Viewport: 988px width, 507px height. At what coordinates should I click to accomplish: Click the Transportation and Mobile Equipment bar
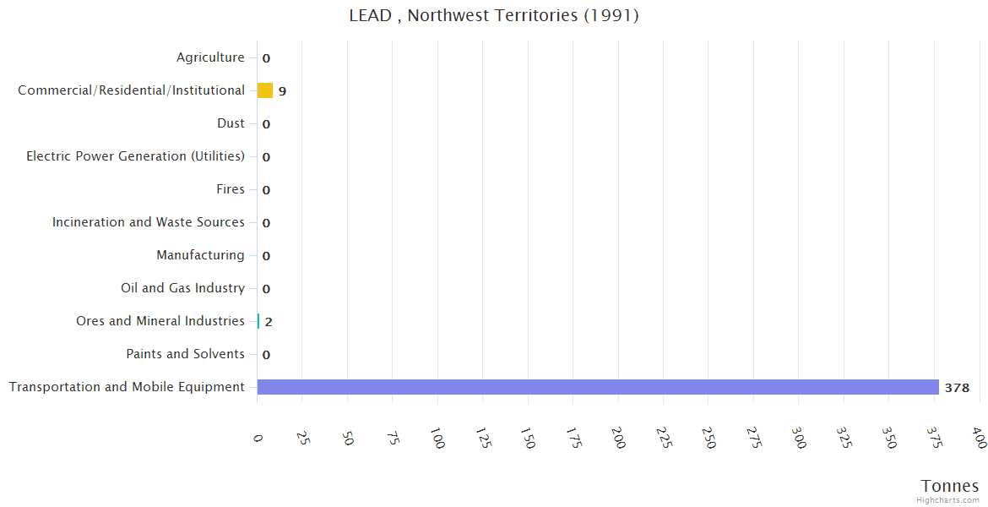[598, 387]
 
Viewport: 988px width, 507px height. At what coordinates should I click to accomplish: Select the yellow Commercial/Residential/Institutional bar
[265, 90]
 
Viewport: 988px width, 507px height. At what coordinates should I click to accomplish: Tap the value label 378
[957, 388]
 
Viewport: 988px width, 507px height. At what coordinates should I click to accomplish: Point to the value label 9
[282, 91]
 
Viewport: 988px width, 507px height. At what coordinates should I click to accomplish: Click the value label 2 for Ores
[269, 322]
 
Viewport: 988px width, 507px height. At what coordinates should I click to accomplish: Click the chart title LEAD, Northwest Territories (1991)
[494, 15]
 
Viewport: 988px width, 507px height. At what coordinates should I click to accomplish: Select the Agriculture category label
[210, 57]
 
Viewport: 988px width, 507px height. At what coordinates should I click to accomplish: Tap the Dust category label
[231, 123]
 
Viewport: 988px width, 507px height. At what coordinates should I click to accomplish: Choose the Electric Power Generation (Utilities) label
[135, 156]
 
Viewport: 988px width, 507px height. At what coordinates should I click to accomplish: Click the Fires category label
[231, 189]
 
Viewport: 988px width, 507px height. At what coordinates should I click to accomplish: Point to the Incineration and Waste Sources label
[149, 222]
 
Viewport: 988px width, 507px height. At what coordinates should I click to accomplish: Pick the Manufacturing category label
[200, 255]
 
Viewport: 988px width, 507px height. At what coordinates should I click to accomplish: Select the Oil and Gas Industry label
[182, 288]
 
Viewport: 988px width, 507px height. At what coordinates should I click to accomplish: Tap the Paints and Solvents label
[185, 354]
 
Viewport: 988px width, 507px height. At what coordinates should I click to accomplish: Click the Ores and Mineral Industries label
[160, 321]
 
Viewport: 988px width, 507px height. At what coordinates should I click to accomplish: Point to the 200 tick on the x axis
[618, 439]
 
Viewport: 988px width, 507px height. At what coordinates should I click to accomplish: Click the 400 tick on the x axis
[979, 439]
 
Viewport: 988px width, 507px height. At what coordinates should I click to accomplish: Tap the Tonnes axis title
[950, 486]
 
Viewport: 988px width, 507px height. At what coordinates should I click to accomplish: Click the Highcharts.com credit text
[947, 500]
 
